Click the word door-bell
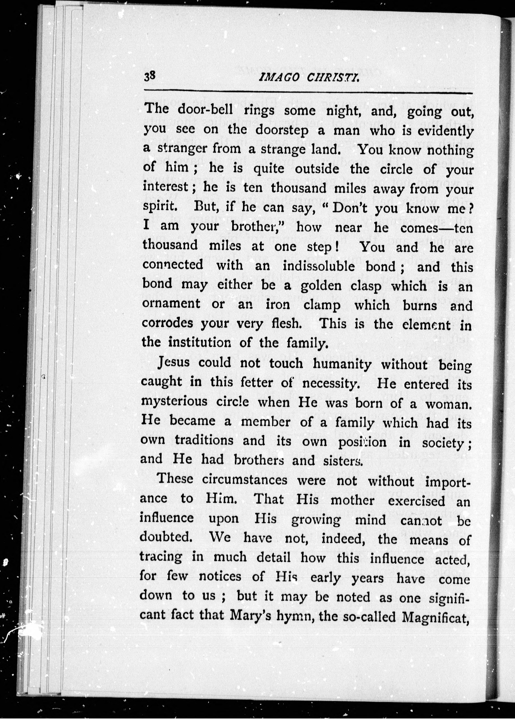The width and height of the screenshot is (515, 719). click(x=205, y=110)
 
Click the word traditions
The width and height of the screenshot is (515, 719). click(x=204, y=440)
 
